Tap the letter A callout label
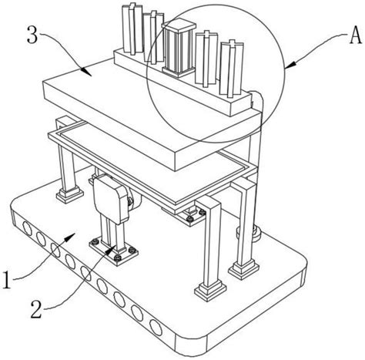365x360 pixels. (356, 36)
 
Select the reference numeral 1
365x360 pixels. (7, 281)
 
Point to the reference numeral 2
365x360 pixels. (36, 310)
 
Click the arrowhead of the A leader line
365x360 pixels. (289, 66)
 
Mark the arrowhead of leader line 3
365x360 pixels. (86, 72)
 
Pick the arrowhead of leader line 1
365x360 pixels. (70, 237)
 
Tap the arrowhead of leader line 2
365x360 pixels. (111, 249)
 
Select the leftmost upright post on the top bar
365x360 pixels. (132, 29)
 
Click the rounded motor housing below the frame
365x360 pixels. (111, 198)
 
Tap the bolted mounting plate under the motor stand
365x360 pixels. (114, 251)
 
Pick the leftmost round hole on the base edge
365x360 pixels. (27, 228)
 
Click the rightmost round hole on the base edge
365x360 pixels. (156, 328)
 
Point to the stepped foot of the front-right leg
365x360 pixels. (210, 292)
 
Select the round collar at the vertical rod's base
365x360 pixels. (249, 233)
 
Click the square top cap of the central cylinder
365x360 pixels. (179, 24)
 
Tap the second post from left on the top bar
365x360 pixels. (153, 37)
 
